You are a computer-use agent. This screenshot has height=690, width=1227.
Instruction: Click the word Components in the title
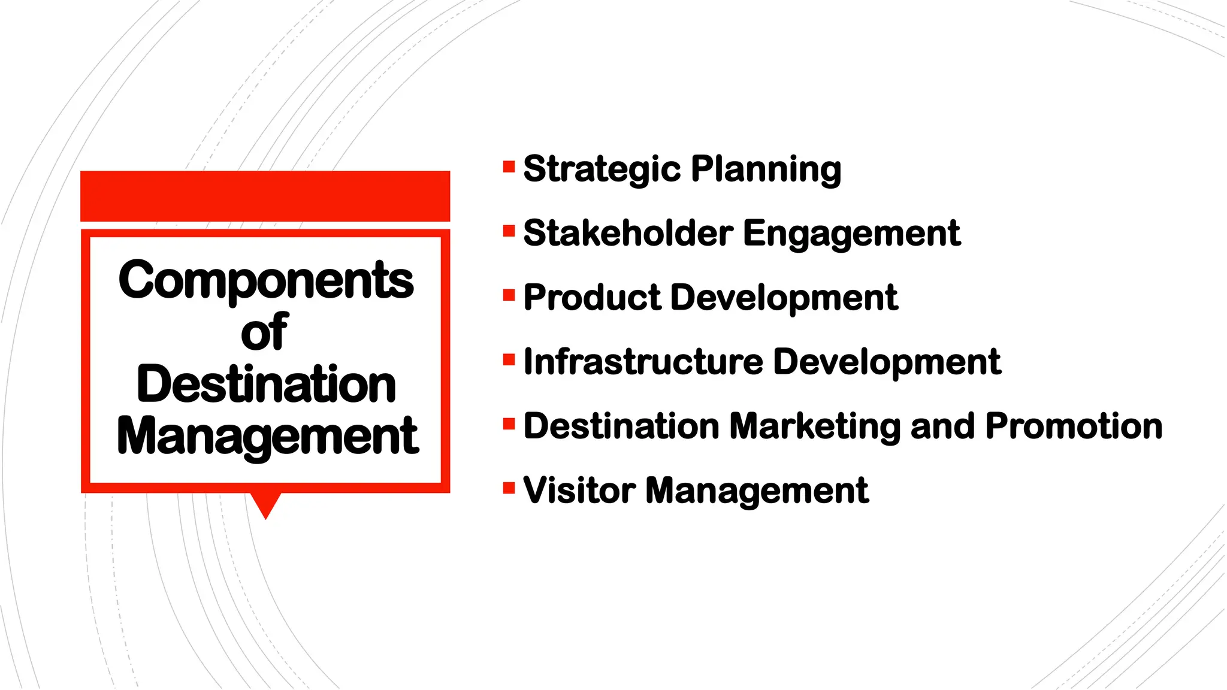coord(266,280)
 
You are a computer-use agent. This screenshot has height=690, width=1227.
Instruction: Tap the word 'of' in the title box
coord(264,332)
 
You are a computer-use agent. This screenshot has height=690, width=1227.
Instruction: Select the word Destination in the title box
coord(266,384)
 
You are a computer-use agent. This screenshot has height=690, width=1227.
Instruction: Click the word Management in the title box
coord(267,436)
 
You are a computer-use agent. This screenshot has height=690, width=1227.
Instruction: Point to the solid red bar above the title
coord(265,196)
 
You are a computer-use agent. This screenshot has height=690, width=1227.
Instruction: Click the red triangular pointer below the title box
coord(265,504)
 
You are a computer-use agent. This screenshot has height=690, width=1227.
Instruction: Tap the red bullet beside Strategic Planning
coord(509,167)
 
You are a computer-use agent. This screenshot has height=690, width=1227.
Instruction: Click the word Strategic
coord(601,169)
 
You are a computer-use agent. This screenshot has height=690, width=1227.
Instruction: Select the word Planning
coord(766,169)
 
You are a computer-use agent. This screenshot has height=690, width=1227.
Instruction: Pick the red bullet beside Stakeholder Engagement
coord(509,231)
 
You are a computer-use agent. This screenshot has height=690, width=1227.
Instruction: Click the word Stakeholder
coord(628,233)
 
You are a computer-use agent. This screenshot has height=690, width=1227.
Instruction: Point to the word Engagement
coord(851,233)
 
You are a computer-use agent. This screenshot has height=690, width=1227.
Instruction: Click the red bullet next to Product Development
coord(509,295)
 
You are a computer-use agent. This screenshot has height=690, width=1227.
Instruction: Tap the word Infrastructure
coord(643,362)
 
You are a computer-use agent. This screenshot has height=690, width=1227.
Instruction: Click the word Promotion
coord(1074,426)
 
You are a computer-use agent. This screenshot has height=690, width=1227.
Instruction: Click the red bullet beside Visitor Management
coord(509,488)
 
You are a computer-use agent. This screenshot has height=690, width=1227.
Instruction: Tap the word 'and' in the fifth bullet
coord(942,426)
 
